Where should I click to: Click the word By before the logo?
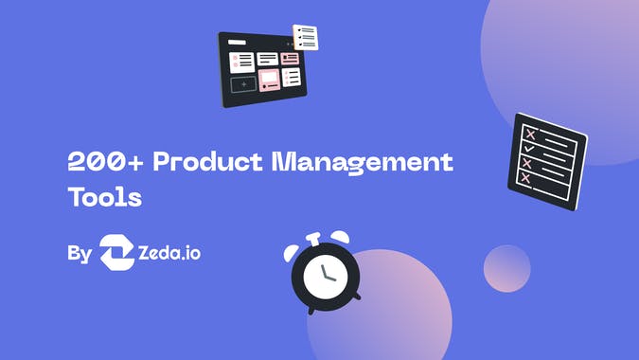(80, 254)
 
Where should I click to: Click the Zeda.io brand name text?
(169, 254)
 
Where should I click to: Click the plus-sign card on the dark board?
(243, 84)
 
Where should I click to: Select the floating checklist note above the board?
(306, 38)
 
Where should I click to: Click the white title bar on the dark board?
(236, 44)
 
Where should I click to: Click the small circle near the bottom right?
(506, 267)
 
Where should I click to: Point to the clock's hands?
(328, 276)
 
